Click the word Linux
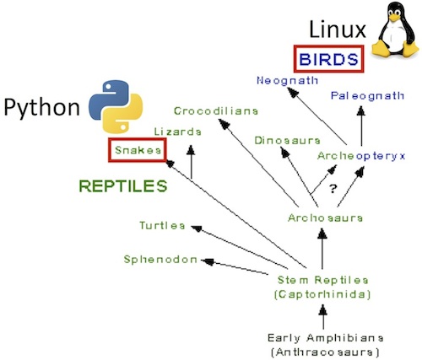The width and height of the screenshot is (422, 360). (338, 30)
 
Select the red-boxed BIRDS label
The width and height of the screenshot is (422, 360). (328, 59)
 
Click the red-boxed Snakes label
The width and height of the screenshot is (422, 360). (138, 150)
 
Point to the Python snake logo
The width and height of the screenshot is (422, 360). (116, 106)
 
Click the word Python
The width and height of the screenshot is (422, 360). (41, 107)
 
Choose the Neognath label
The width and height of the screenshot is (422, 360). (287, 81)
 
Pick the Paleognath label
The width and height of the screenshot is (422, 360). (367, 96)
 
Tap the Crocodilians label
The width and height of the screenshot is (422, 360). (216, 111)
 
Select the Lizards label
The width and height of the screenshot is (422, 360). (178, 132)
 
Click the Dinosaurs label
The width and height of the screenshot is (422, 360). (287, 140)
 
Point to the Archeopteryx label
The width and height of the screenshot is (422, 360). (361, 156)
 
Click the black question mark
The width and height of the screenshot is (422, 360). (333, 189)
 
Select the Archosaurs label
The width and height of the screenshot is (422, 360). (325, 218)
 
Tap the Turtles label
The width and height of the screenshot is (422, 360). (162, 225)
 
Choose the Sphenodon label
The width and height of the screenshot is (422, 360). (160, 260)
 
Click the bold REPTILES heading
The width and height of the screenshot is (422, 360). (123, 186)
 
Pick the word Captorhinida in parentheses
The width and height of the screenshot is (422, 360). (322, 294)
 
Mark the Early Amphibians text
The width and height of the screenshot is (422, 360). (325, 337)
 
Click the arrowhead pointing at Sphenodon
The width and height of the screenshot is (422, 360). (208, 262)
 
